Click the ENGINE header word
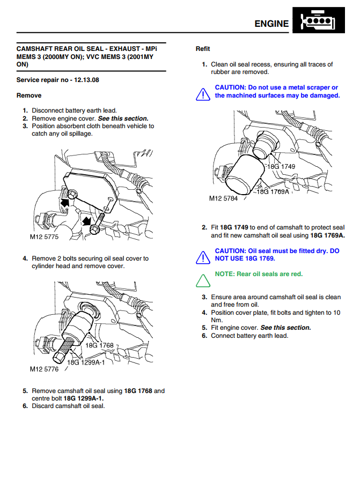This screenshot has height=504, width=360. point(271,24)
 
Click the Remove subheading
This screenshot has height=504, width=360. point(29,95)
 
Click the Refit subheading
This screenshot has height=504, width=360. point(203,49)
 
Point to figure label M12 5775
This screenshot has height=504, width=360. point(44,236)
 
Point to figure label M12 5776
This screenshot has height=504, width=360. point(44,369)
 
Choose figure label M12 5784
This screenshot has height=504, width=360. point(223,198)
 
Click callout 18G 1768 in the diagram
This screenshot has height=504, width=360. point(100,345)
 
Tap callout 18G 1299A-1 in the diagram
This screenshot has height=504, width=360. point(86,362)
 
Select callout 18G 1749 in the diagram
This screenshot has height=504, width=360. point(281,166)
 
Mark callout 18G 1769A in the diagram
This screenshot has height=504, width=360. point(273,191)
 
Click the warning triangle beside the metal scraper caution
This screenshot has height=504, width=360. point(202,94)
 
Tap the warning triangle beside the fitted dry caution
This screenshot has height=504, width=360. point(202,257)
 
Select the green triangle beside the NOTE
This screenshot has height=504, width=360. point(202,279)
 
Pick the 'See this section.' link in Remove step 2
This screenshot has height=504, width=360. point(123,118)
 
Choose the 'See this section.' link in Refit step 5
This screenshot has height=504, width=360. point(285,328)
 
